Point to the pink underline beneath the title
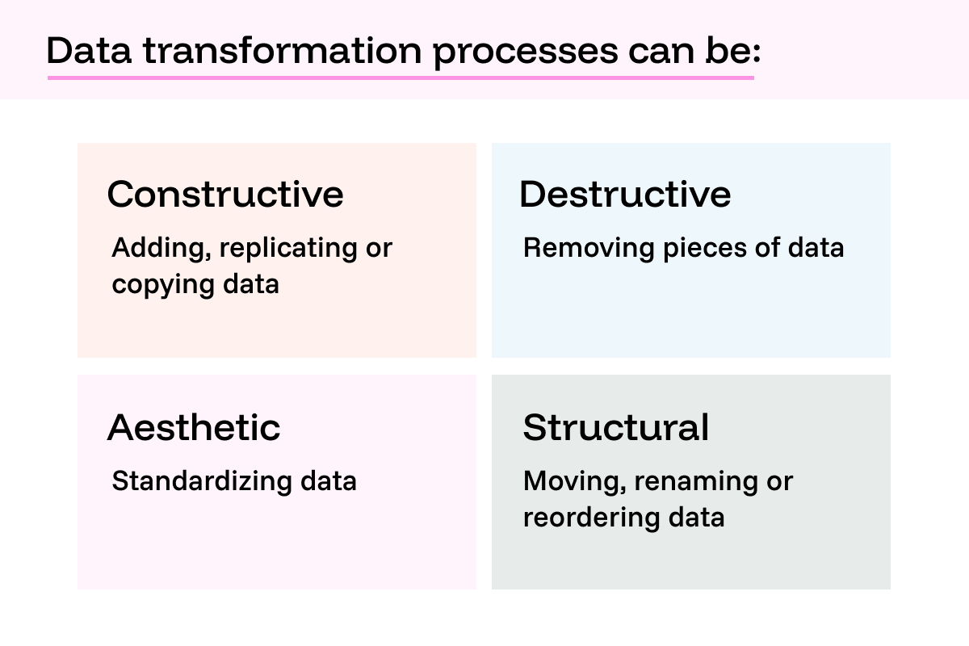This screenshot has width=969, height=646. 401,78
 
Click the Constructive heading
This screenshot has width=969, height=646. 225,194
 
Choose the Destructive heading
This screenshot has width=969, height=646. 625,194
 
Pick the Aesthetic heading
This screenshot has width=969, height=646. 194,427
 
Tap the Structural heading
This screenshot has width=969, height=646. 616,427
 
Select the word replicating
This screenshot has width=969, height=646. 283,249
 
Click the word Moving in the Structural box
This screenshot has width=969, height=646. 574,482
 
